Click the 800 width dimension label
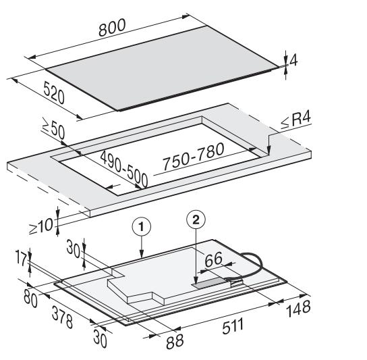tap(112, 28)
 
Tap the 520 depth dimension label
tap(54, 93)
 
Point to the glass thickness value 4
tap(293, 61)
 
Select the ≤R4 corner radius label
tap(296, 120)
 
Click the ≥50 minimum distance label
tap(53, 130)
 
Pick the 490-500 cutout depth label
tap(124, 169)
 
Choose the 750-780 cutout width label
tap(194, 156)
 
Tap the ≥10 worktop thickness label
tap(41, 227)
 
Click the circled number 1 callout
tap(142, 227)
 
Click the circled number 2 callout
tap(196, 220)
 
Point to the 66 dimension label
tap(213, 259)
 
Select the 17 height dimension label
tap(22, 258)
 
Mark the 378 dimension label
tap(62, 317)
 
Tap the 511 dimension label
tap(233, 326)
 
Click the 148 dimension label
tap(298, 308)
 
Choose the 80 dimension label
tap(30, 299)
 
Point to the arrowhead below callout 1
tap(142, 254)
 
